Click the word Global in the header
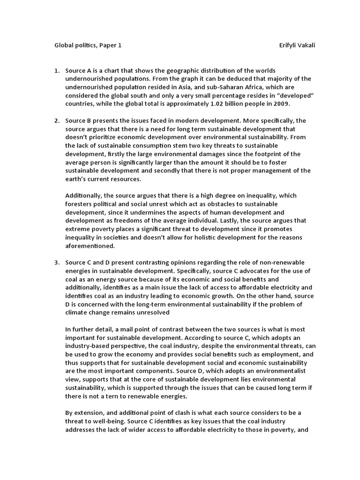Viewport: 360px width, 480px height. point(61,45)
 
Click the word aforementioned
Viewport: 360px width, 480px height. point(90,246)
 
